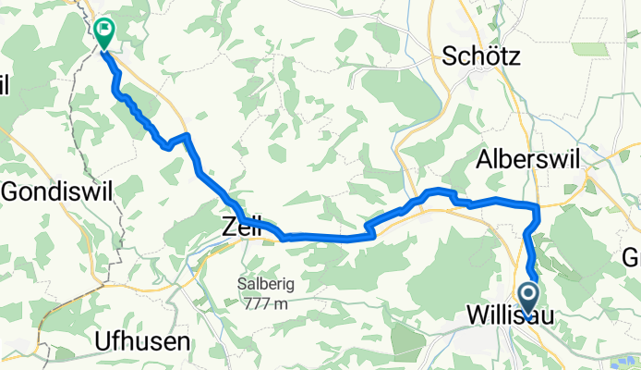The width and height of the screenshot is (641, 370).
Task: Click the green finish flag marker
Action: point(104,34)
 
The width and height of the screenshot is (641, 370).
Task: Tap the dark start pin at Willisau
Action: point(530,299)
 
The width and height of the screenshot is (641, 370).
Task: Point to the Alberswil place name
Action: point(528,159)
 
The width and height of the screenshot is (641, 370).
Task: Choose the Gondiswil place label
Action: point(58,191)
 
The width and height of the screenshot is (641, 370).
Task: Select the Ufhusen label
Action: point(142,341)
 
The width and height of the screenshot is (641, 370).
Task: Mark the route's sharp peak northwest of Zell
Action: point(187,136)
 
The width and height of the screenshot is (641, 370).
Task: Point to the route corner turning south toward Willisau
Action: point(535,206)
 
